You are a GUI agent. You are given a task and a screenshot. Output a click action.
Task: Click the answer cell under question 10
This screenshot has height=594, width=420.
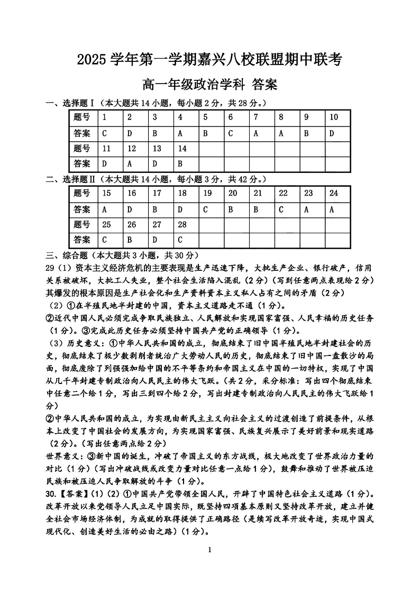click(x=337, y=133)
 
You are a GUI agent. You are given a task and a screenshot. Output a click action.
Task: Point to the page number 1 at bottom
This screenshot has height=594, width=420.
click(x=210, y=550)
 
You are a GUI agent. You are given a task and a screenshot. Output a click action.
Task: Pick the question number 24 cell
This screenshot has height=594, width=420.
click(x=337, y=193)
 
